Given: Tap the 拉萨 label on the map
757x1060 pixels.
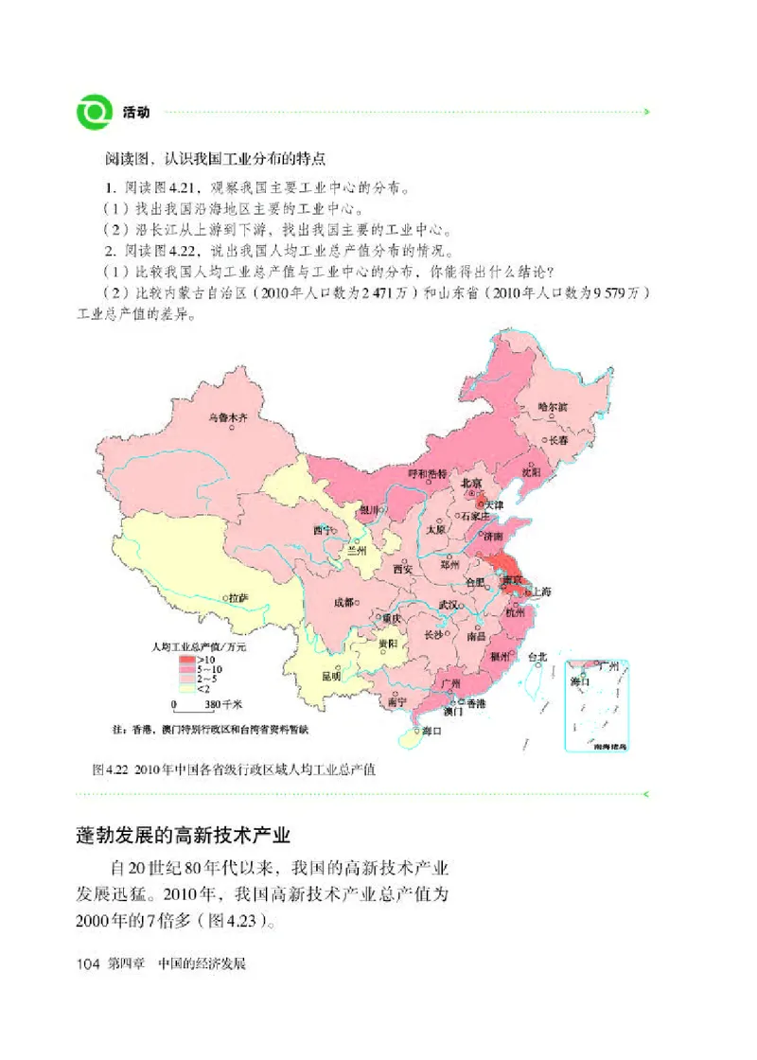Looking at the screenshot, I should click(237, 598).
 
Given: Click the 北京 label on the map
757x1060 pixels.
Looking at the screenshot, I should click(472, 483).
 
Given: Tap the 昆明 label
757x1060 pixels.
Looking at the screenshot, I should click(331, 676).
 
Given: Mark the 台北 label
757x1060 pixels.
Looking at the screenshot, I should click(537, 656).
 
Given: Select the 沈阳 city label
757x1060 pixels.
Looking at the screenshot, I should click(531, 470).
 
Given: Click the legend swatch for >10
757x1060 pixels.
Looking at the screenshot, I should click(185, 659).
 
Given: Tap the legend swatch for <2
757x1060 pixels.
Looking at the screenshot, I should click(185, 687).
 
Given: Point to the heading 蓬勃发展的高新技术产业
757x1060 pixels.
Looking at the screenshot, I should click(184, 836).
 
